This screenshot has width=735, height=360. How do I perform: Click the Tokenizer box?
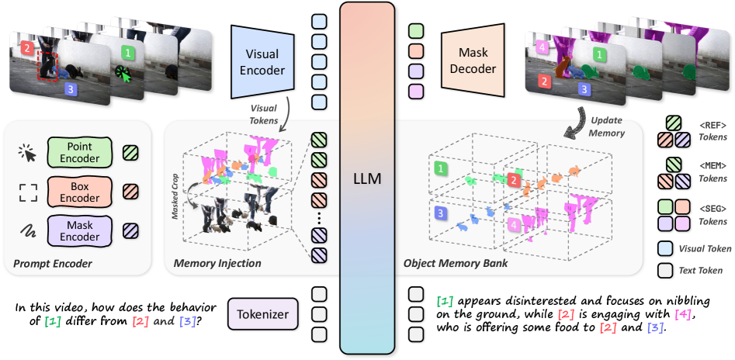tap(262, 315)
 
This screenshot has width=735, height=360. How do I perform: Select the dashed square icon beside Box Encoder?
tap(27, 191)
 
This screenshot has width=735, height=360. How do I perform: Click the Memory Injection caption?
tap(217, 264)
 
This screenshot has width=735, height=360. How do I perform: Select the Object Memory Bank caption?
tap(455, 264)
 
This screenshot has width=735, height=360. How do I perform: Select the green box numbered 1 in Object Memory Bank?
tap(441, 168)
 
